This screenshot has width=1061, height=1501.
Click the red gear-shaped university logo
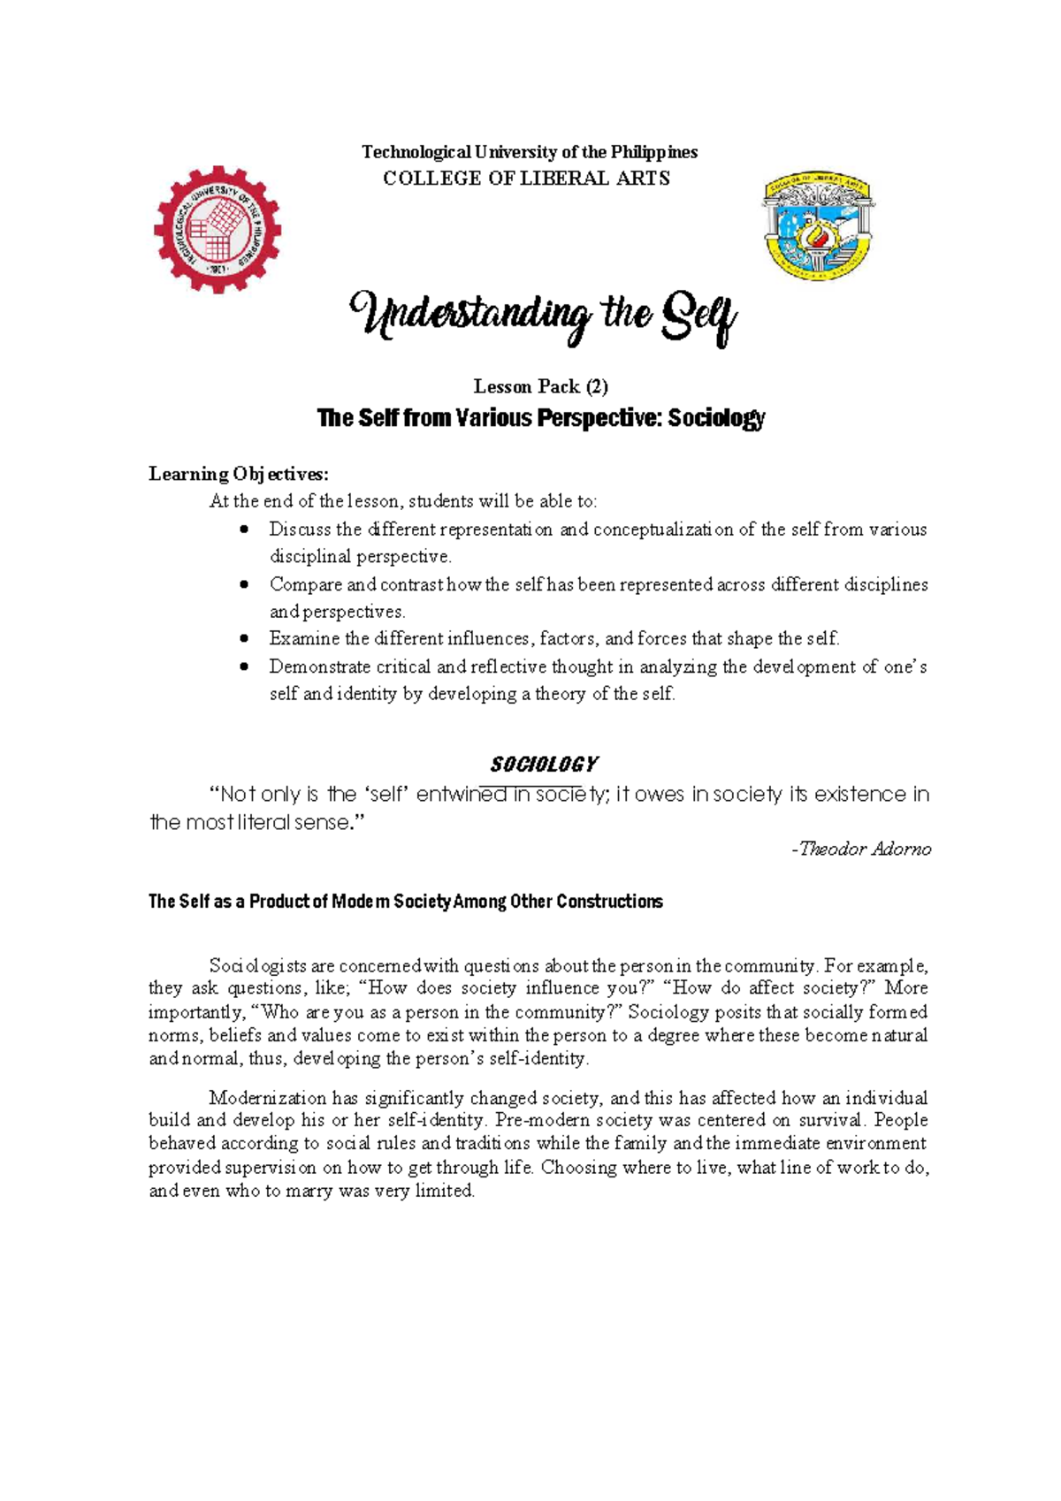(218, 229)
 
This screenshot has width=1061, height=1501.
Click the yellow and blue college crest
(818, 225)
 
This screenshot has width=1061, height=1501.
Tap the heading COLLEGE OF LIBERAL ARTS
(526, 179)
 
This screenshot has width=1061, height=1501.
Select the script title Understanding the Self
(542, 317)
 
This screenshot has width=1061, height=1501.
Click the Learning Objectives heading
(238, 474)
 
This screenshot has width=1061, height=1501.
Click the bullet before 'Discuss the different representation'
(245, 530)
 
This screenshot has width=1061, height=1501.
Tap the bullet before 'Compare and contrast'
(245, 584)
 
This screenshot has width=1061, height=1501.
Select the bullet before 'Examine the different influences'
(245, 638)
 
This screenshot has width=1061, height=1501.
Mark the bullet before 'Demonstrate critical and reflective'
(245, 667)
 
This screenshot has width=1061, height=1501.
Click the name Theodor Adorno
(865, 849)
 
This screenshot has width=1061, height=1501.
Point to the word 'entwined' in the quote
(461, 795)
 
